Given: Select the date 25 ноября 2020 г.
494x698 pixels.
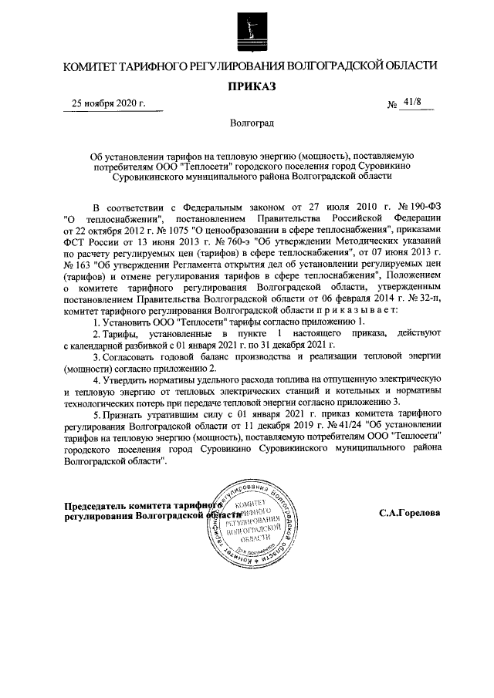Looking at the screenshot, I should coord(108,103).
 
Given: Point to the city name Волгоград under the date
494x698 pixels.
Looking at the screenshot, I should coord(247,122).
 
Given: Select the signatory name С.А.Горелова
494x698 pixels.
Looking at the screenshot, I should coord(410,512).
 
